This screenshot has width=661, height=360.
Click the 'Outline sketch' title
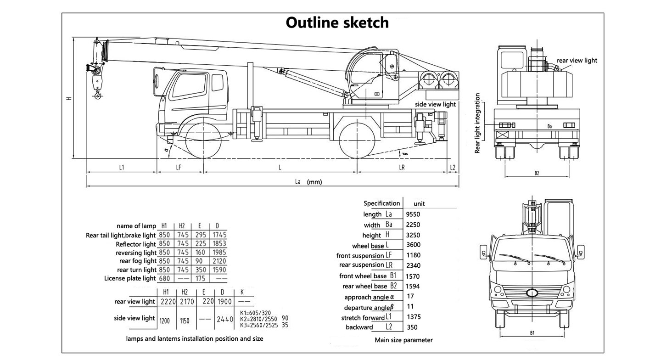click(x=337, y=22)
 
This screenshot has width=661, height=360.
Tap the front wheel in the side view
click(x=202, y=139)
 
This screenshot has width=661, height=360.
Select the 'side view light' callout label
click(x=435, y=104)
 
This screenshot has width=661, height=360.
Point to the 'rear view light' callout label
click(x=577, y=60)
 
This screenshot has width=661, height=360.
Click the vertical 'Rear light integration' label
click(x=478, y=123)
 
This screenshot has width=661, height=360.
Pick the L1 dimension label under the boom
click(x=121, y=168)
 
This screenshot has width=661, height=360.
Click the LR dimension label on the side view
click(x=402, y=168)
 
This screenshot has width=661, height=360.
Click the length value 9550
click(x=413, y=214)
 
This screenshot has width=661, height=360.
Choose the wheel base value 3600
click(x=413, y=245)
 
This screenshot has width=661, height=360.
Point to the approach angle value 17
click(x=410, y=297)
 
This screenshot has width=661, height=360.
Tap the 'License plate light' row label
click(x=130, y=278)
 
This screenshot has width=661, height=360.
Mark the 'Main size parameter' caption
click(x=403, y=340)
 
